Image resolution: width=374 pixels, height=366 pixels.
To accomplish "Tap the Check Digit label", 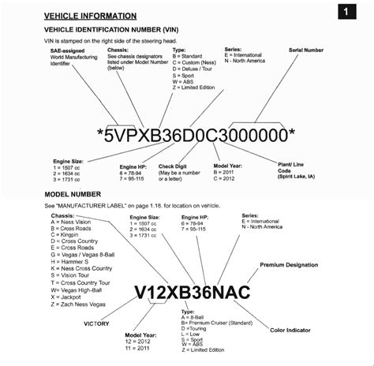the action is [173, 166].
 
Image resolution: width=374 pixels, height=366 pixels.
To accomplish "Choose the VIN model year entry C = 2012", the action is [229, 179].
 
